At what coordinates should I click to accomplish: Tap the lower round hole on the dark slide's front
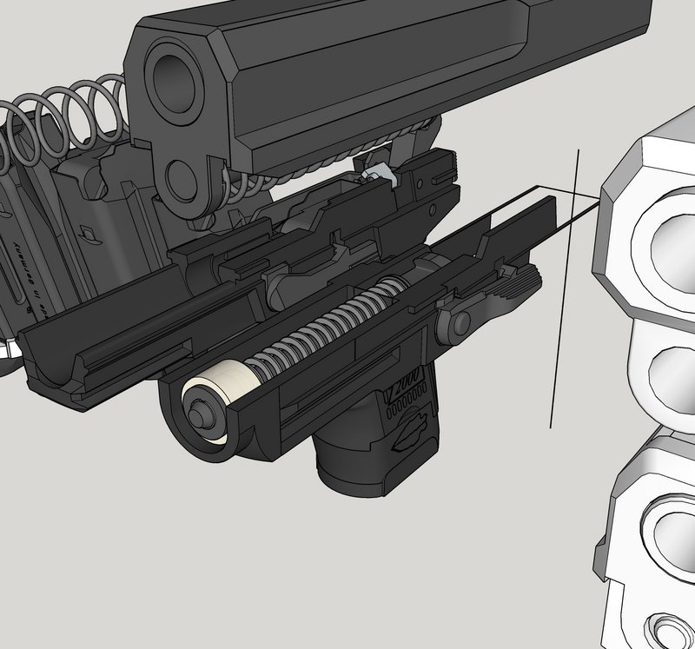(183, 180)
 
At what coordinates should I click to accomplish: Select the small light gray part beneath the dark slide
(381, 175)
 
